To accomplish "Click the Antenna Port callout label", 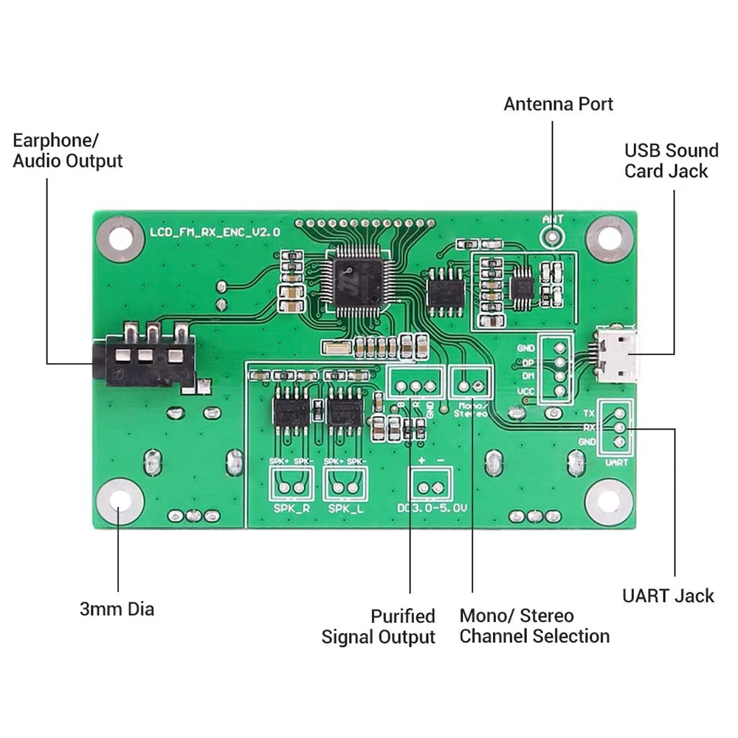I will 558,104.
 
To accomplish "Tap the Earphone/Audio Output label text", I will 67,151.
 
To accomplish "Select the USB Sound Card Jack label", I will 671,161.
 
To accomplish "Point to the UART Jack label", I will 668,596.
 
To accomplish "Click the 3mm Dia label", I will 117,609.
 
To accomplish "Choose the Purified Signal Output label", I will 379,627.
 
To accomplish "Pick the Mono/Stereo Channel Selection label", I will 534,626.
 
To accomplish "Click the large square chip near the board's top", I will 357,281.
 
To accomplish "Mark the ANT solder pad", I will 552,235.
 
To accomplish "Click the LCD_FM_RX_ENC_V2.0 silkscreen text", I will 215,232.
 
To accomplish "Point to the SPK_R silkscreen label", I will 291,508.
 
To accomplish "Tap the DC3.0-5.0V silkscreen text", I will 431,508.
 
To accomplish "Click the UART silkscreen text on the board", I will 616,462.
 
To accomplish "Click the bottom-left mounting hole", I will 120,501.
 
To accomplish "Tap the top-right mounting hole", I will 610,238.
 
